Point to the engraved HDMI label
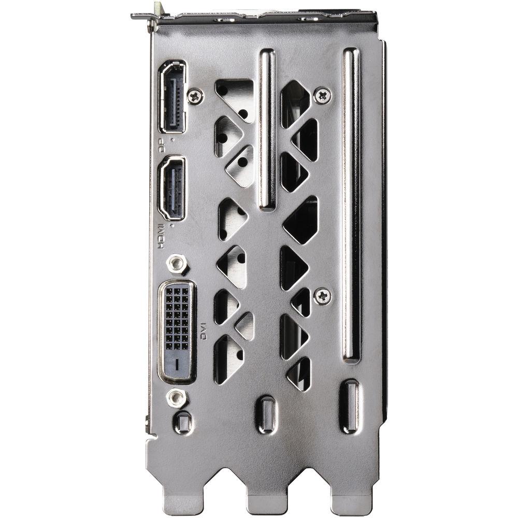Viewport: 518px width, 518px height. tap(161, 236)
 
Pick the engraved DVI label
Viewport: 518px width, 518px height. tap(204, 331)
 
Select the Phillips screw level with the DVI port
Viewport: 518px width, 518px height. tap(322, 295)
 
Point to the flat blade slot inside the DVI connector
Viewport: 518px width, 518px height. tap(176, 365)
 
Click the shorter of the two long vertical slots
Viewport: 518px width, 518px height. tap(267, 129)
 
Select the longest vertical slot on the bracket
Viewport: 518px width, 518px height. tap(351, 205)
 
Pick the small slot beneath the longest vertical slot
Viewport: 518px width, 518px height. tap(351, 407)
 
